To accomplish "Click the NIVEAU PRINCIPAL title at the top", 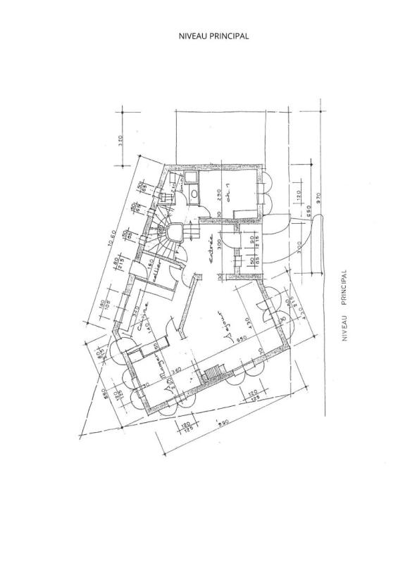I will coord(214,35).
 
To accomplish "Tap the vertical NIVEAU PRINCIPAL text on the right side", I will coord(345,307).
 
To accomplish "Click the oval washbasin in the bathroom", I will coord(192,192).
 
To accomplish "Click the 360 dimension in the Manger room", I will coord(178,370).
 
